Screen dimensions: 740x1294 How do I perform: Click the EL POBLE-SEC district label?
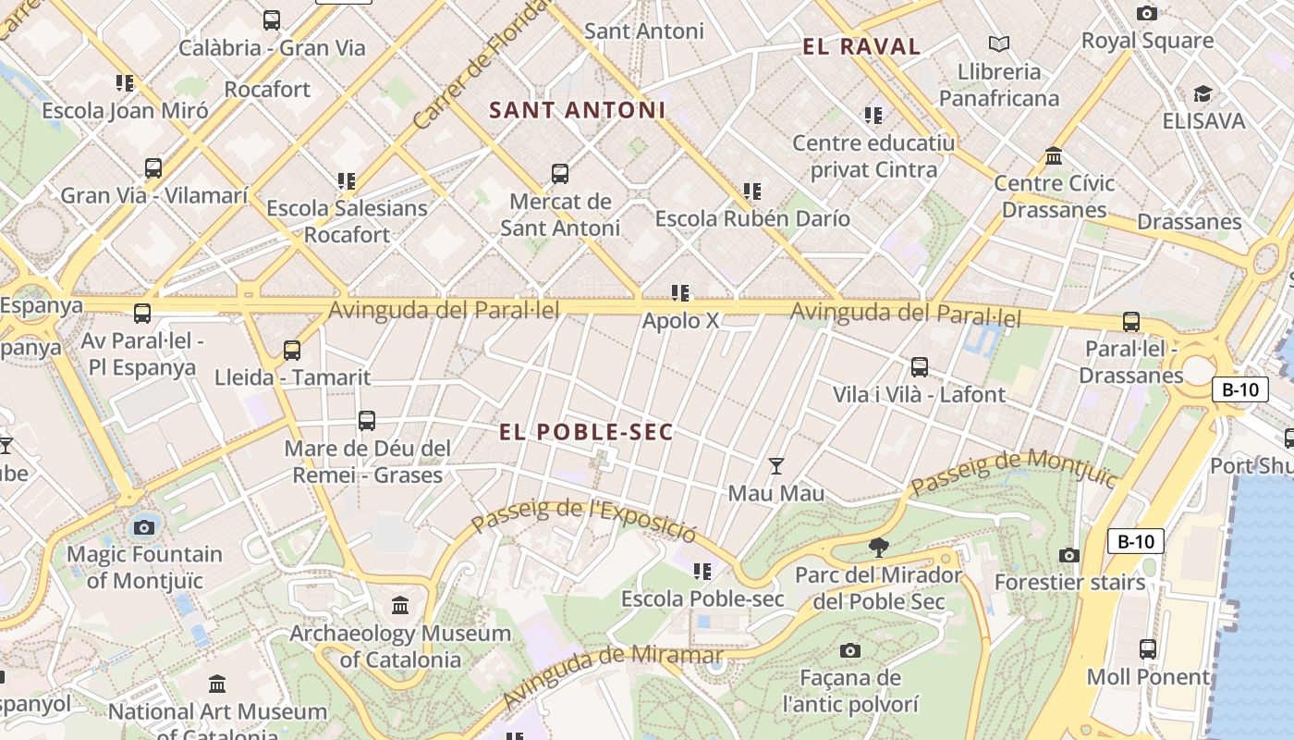(x=586, y=432)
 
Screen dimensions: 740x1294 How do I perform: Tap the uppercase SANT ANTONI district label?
(x=577, y=110)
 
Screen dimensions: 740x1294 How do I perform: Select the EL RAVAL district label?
(x=861, y=47)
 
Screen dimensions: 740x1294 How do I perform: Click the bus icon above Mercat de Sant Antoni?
(x=559, y=173)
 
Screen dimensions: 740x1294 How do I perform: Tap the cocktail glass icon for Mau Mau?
(x=776, y=465)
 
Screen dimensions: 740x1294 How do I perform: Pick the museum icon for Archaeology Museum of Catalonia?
(x=400, y=606)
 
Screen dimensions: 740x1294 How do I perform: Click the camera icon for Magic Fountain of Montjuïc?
(x=143, y=527)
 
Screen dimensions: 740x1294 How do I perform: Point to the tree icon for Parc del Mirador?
(x=878, y=547)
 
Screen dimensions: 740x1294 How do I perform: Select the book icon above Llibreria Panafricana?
(x=998, y=43)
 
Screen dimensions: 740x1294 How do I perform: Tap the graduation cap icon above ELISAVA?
(x=1202, y=93)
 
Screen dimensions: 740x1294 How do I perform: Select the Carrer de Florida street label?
(x=481, y=65)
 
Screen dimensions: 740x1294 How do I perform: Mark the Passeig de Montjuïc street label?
(x=1014, y=472)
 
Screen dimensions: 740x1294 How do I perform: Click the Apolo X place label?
(x=680, y=321)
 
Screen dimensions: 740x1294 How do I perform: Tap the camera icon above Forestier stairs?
(x=1069, y=555)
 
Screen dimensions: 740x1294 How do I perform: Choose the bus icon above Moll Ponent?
(x=1147, y=649)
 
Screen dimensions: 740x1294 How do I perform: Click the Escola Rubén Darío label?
(x=752, y=219)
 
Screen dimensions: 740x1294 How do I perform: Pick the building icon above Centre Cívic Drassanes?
(x=1054, y=155)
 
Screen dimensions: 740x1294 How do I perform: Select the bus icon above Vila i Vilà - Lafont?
(x=919, y=367)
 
